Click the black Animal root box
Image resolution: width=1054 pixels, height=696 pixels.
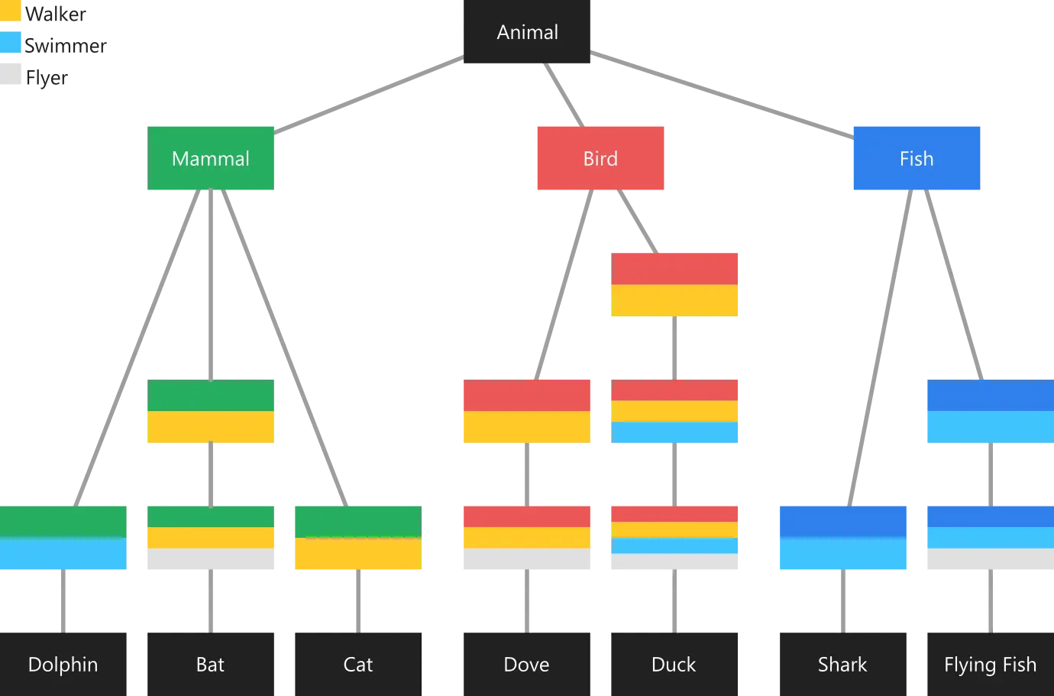526,31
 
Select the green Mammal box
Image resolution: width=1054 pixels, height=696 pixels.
210,158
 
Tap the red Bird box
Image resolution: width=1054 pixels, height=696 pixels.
600,158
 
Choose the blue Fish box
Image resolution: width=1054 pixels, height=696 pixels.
917,158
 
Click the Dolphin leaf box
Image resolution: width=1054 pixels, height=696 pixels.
63,664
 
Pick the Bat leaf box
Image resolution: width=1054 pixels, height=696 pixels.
210,664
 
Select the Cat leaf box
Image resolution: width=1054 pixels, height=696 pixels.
358,664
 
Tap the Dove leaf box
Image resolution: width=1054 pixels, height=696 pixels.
526,664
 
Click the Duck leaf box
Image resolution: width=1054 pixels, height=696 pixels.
674,664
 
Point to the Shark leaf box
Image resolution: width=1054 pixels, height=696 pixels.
842,664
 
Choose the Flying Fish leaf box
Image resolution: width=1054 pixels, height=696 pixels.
991,664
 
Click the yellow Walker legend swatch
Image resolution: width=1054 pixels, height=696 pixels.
11,11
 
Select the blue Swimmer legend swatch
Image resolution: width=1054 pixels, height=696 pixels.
11,42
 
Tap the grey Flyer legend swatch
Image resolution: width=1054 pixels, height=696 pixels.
11,74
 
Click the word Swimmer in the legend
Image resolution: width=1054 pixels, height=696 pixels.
66,46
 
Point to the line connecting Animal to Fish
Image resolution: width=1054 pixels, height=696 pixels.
722,95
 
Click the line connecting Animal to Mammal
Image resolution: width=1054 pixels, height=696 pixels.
369,95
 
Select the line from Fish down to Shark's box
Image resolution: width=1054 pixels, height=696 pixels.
880,348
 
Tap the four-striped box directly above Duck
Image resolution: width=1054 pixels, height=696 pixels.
674,537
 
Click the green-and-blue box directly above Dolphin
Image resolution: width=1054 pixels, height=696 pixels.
63,537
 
